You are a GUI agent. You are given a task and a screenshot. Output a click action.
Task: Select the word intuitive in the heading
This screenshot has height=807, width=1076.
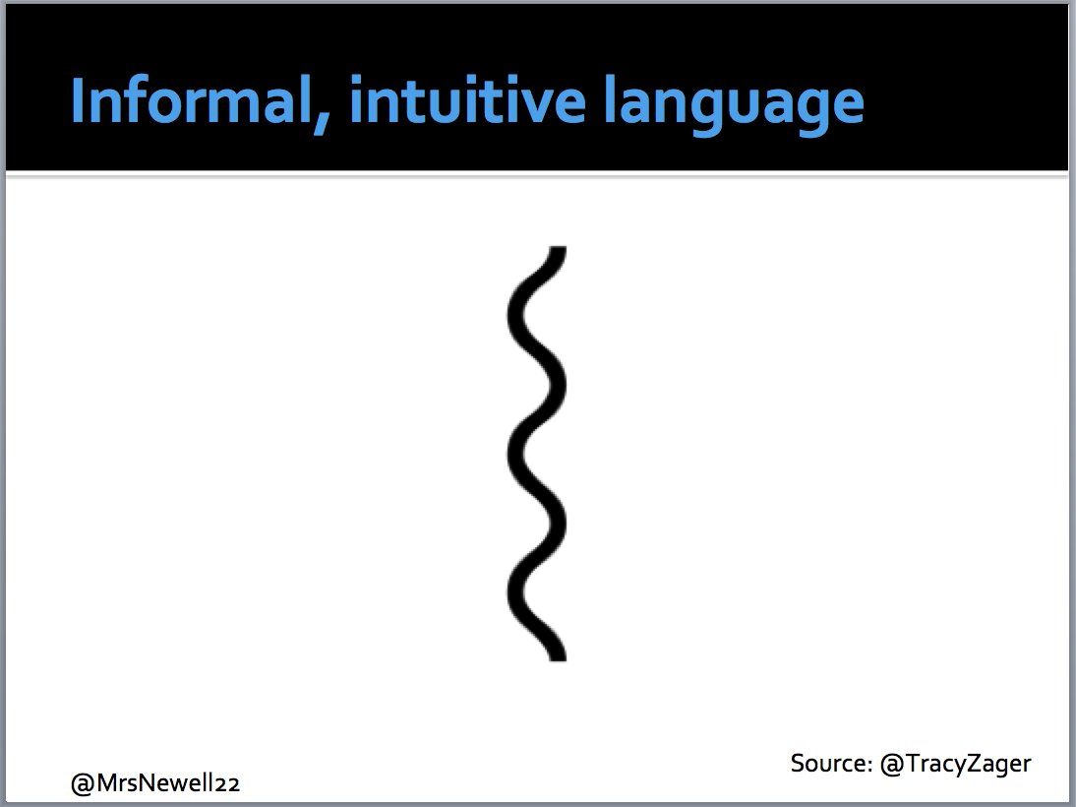(x=461, y=101)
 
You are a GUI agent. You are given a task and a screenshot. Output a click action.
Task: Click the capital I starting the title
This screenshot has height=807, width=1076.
(x=79, y=101)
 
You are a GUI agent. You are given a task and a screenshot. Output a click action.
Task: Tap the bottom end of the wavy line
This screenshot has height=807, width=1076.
(x=558, y=654)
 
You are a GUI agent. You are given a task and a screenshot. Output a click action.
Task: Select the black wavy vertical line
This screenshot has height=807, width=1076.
(x=537, y=453)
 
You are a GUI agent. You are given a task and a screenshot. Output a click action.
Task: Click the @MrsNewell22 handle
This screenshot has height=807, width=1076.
(x=155, y=784)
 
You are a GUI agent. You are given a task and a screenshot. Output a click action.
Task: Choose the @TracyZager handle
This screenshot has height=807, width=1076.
(x=954, y=764)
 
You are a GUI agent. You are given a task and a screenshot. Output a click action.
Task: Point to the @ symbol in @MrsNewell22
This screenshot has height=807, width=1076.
(x=82, y=784)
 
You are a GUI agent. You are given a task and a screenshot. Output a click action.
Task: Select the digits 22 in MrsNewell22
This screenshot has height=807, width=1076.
(x=228, y=785)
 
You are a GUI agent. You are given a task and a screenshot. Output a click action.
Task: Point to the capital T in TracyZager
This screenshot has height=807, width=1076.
(x=911, y=763)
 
